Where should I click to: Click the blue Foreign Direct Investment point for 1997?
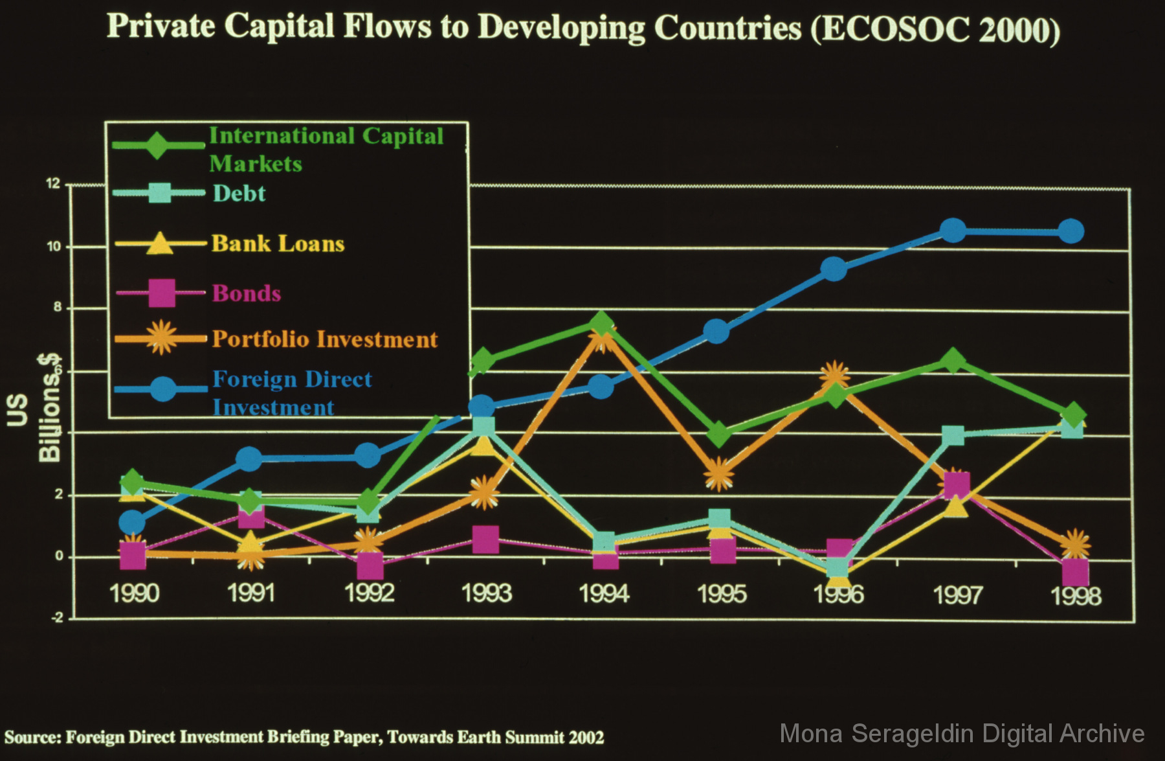pyautogui.click(x=953, y=231)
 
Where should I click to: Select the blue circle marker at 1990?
pyautogui.click(x=133, y=522)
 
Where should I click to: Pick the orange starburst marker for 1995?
pyautogui.click(x=718, y=475)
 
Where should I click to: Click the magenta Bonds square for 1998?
pyautogui.click(x=1075, y=573)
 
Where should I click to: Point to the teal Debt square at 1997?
pyautogui.click(x=953, y=435)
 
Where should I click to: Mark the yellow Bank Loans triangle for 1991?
pyautogui.click(x=250, y=544)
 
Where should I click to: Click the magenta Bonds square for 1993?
pyautogui.click(x=485, y=539)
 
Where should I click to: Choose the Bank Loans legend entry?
pyautogui.click(x=278, y=244)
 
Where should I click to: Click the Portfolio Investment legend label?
pyautogui.click(x=325, y=339)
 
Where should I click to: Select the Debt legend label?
pyautogui.click(x=239, y=193)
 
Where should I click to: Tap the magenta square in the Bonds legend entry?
pyautogui.click(x=162, y=293)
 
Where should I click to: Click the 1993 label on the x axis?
pyautogui.click(x=487, y=593)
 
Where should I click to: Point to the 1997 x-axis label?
pyautogui.click(x=958, y=595)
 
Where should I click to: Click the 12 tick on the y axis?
pyautogui.click(x=53, y=184)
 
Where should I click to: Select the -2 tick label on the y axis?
pyautogui.click(x=57, y=618)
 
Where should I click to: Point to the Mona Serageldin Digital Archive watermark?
pyautogui.click(x=962, y=734)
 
